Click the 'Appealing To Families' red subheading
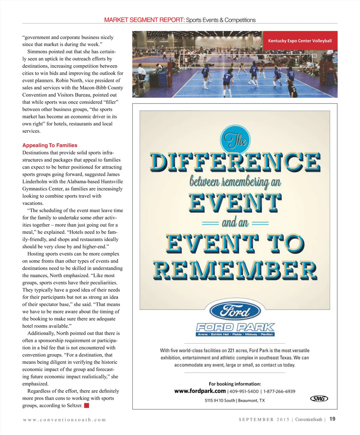[x=50, y=145]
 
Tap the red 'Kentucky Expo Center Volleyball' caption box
[x=300, y=41]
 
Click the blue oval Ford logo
[x=235, y=311]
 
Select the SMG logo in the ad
[x=319, y=398]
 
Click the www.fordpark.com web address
[x=200, y=391]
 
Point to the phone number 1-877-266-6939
[x=279, y=391]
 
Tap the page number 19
[x=332, y=419]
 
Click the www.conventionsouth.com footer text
[x=64, y=420]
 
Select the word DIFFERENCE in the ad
[x=235, y=162]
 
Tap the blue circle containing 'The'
[x=235, y=140]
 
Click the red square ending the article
[x=86, y=406]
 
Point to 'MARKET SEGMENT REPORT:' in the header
[x=144, y=20]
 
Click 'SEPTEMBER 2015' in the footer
[x=264, y=419]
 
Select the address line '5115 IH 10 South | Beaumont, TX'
[x=235, y=400]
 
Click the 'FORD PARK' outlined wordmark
[x=235, y=327]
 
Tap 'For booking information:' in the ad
[x=235, y=384]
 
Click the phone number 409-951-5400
[x=244, y=391]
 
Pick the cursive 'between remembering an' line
[x=235, y=182]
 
